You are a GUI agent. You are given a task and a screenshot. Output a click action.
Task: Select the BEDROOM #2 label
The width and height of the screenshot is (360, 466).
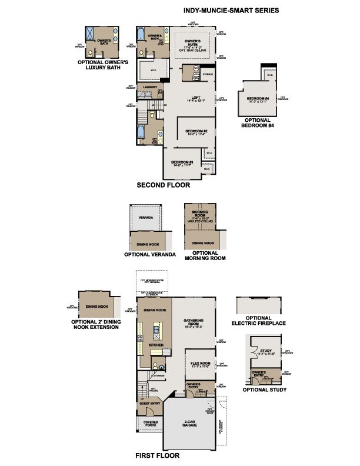click(x=195, y=131)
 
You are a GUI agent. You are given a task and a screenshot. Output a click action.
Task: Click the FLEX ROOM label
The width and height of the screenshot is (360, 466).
click(x=201, y=364)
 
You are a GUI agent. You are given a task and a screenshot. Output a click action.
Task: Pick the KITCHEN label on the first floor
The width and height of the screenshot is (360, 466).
click(x=156, y=345)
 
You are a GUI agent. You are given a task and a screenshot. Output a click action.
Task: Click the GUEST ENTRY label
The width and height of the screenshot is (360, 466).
click(x=151, y=403)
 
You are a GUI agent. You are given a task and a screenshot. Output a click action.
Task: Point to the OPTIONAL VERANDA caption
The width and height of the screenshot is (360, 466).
click(x=150, y=255)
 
